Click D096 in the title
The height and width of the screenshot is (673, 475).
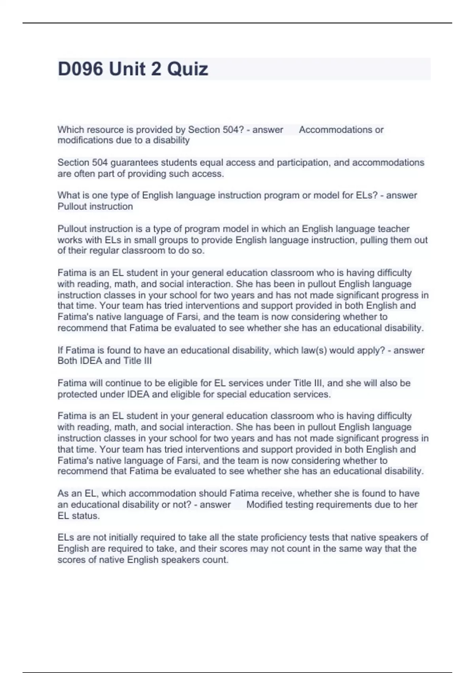coord(81,69)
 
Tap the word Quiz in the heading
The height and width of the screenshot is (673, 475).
coord(187,69)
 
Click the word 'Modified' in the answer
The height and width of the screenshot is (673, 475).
coord(264,505)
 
